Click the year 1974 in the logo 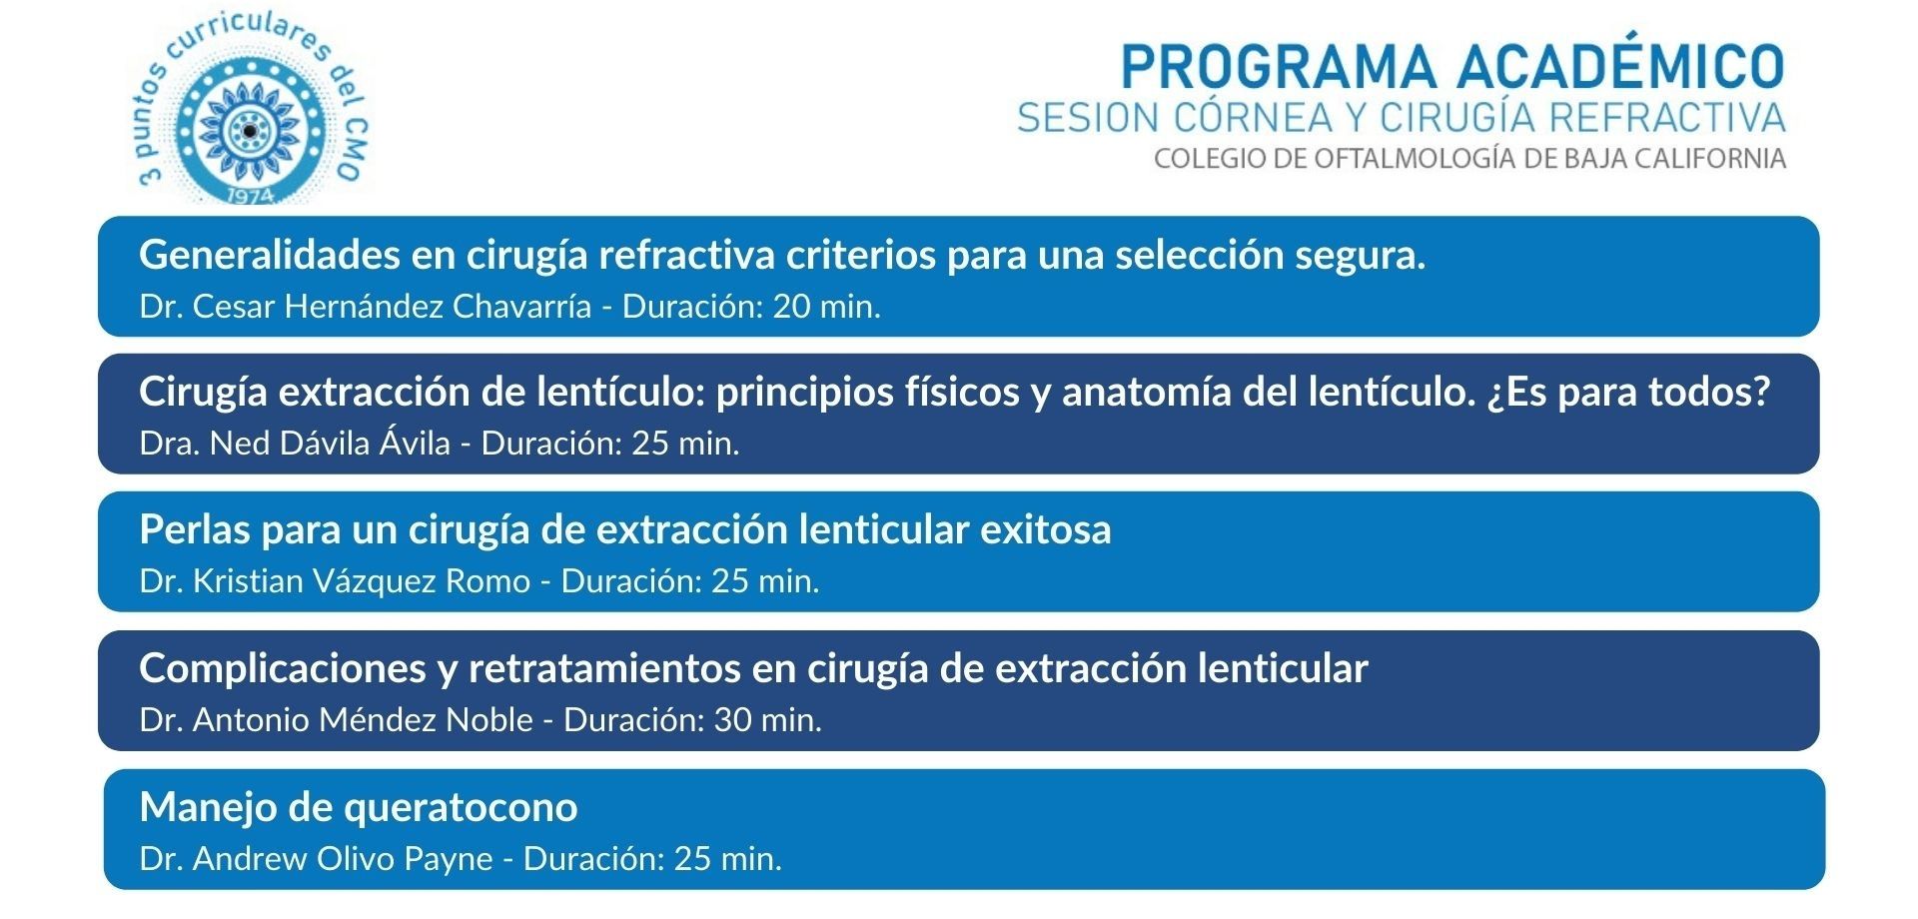pyautogui.click(x=251, y=197)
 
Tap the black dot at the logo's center pyautogui.click(x=249, y=131)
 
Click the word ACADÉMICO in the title pyautogui.click(x=1619, y=67)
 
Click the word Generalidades pyautogui.click(x=269, y=255)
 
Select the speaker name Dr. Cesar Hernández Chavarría pyautogui.click(x=366, y=306)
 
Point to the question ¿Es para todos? pyautogui.click(x=1628, y=392)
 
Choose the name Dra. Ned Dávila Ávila pyautogui.click(x=296, y=443)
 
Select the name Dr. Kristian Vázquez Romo pyautogui.click(x=336, y=580)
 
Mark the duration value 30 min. pyautogui.click(x=767, y=719)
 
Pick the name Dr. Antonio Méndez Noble pyautogui.click(x=337, y=719)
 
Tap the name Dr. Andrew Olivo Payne pyautogui.click(x=317, y=858)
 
